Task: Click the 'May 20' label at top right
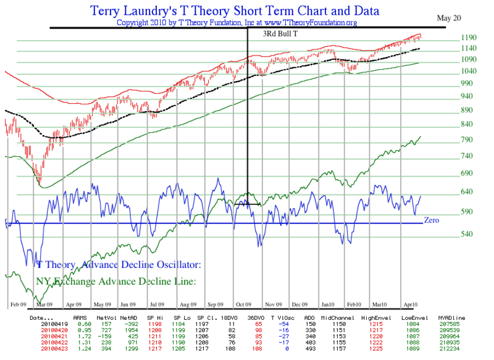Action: (x=450, y=18)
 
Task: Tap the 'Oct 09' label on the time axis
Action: (x=242, y=304)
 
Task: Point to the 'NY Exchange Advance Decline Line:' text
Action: (x=116, y=281)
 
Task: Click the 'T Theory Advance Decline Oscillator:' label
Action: (x=118, y=265)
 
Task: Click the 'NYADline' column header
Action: (x=451, y=317)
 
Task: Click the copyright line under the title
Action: (x=237, y=23)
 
